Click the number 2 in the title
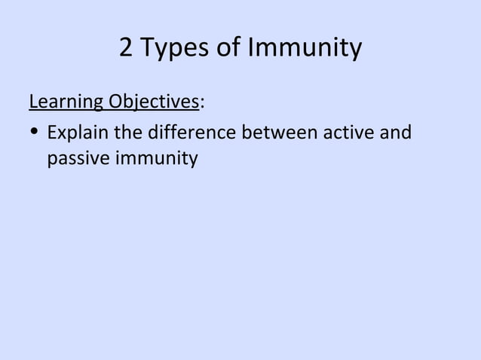coord(127,48)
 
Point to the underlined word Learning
coord(66,102)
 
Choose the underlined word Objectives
coord(154,102)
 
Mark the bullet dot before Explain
coord(35,134)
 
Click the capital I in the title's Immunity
coord(253,48)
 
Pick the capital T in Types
coord(148,48)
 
